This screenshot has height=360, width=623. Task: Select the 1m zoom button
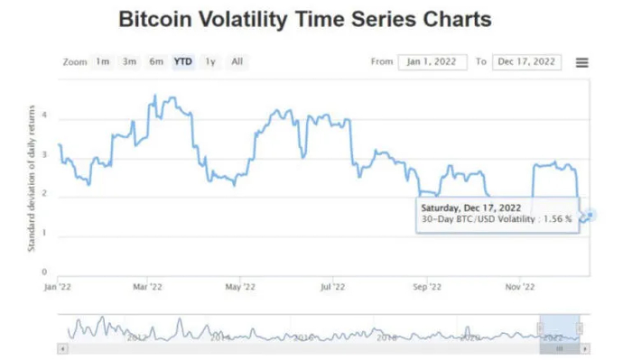103,61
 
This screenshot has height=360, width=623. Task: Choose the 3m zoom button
129,61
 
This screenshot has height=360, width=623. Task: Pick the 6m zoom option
156,61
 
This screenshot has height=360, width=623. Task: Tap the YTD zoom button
183,61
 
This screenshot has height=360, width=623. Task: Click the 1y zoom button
210,61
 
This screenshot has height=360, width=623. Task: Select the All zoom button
237,61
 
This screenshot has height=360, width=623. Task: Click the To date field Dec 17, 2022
526,62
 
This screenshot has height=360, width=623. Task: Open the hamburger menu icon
581,62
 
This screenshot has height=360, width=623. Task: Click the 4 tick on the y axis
44,117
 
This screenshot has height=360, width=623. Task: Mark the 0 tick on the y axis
44,272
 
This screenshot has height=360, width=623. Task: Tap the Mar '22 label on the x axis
147,287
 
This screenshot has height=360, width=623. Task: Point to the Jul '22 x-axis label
333,287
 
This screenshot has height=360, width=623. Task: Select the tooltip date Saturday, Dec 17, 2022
470,208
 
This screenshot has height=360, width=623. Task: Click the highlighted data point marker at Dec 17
589,215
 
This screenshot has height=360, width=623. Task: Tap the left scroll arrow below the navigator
61,347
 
